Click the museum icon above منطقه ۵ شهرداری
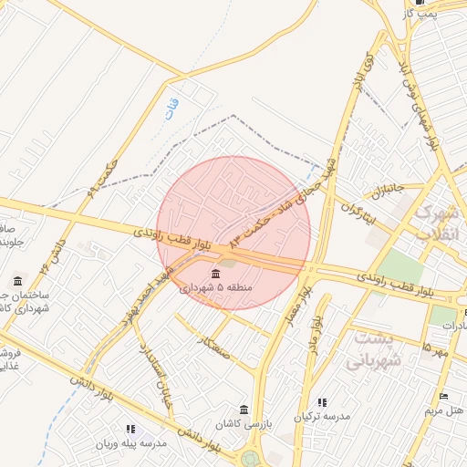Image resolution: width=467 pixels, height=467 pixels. [x=215, y=275]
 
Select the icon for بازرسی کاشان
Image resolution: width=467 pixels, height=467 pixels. [x=243, y=410]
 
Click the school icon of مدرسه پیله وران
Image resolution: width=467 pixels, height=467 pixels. [x=130, y=429]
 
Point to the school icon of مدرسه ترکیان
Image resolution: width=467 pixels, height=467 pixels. [x=321, y=402]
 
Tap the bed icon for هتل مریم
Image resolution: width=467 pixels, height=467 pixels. [x=444, y=397]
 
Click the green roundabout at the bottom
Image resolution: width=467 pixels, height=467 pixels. [x=250, y=458]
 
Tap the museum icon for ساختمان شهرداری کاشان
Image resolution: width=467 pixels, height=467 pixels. [x=19, y=280]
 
